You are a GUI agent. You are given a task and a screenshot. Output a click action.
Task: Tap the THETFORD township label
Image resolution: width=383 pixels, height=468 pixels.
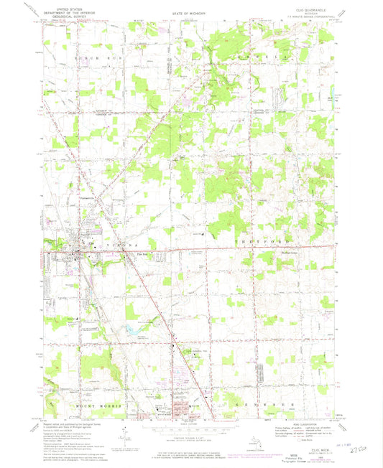click(x=285, y=244)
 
